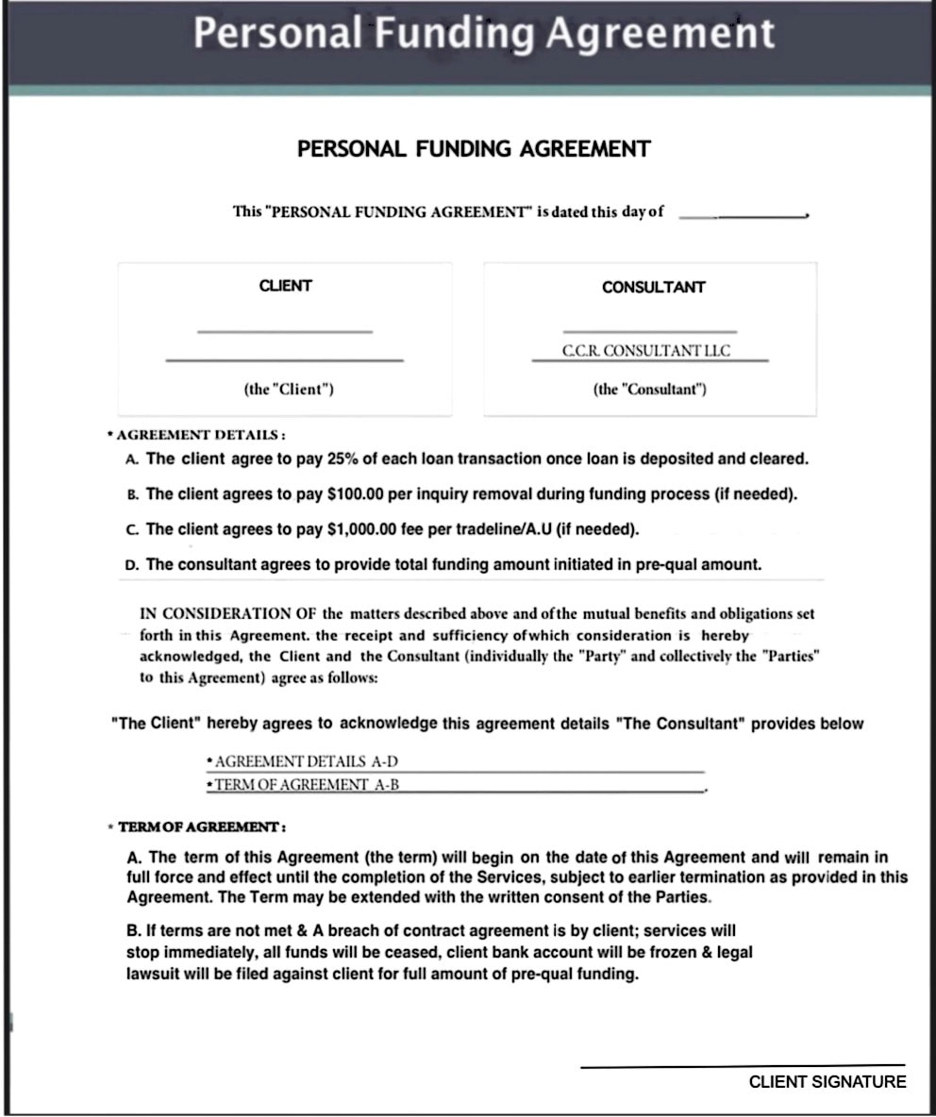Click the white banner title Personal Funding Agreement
[x=484, y=35]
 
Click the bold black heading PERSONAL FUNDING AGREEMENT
[x=474, y=149]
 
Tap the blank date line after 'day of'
[x=743, y=215]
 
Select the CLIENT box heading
[x=285, y=286]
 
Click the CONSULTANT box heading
[x=653, y=287]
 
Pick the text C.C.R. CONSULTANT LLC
[x=646, y=351]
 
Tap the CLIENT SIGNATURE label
[x=827, y=1082]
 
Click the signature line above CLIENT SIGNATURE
[x=743, y=1066]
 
